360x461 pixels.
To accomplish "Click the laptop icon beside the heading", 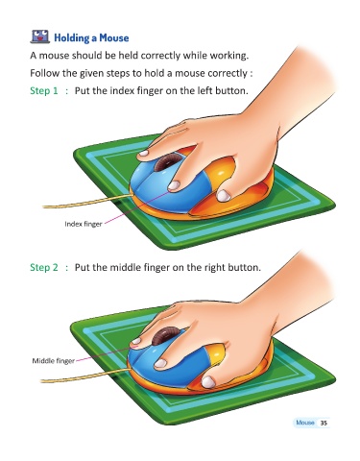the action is pyautogui.click(x=40, y=36).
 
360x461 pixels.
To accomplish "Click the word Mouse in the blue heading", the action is pyautogui.click(x=114, y=37).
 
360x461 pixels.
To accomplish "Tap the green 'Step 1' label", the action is pyautogui.click(x=44, y=91).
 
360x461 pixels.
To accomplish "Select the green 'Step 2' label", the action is pyautogui.click(x=44, y=267).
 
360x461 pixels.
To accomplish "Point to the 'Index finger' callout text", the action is pyautogui.click(x=84, y=224).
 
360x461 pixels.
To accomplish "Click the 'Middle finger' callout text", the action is pyautogui.click(x=53, y=361).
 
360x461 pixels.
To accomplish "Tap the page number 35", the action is pyautogui.click(x=324, y=423).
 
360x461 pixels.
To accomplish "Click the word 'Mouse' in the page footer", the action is pyautogui.click(x=305, y=423).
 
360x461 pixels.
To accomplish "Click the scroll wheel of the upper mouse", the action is pyautogui.click(x=166, y=161).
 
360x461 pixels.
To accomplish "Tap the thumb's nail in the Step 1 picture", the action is pyautogui.click(x=224, y=196).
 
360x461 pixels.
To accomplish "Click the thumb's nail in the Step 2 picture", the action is pyautogui.click(x=208, y=382).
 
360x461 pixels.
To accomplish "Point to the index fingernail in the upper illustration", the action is pyautogui.click(x=174, y=185).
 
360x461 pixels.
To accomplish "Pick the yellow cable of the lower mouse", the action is pyautogui.click(x=85, y=376).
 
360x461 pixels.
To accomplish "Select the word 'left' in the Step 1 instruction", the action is pyautogui.click(x=204, y=91).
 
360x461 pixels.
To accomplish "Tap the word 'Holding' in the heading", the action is pyautogui.click(x=71, y=38).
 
